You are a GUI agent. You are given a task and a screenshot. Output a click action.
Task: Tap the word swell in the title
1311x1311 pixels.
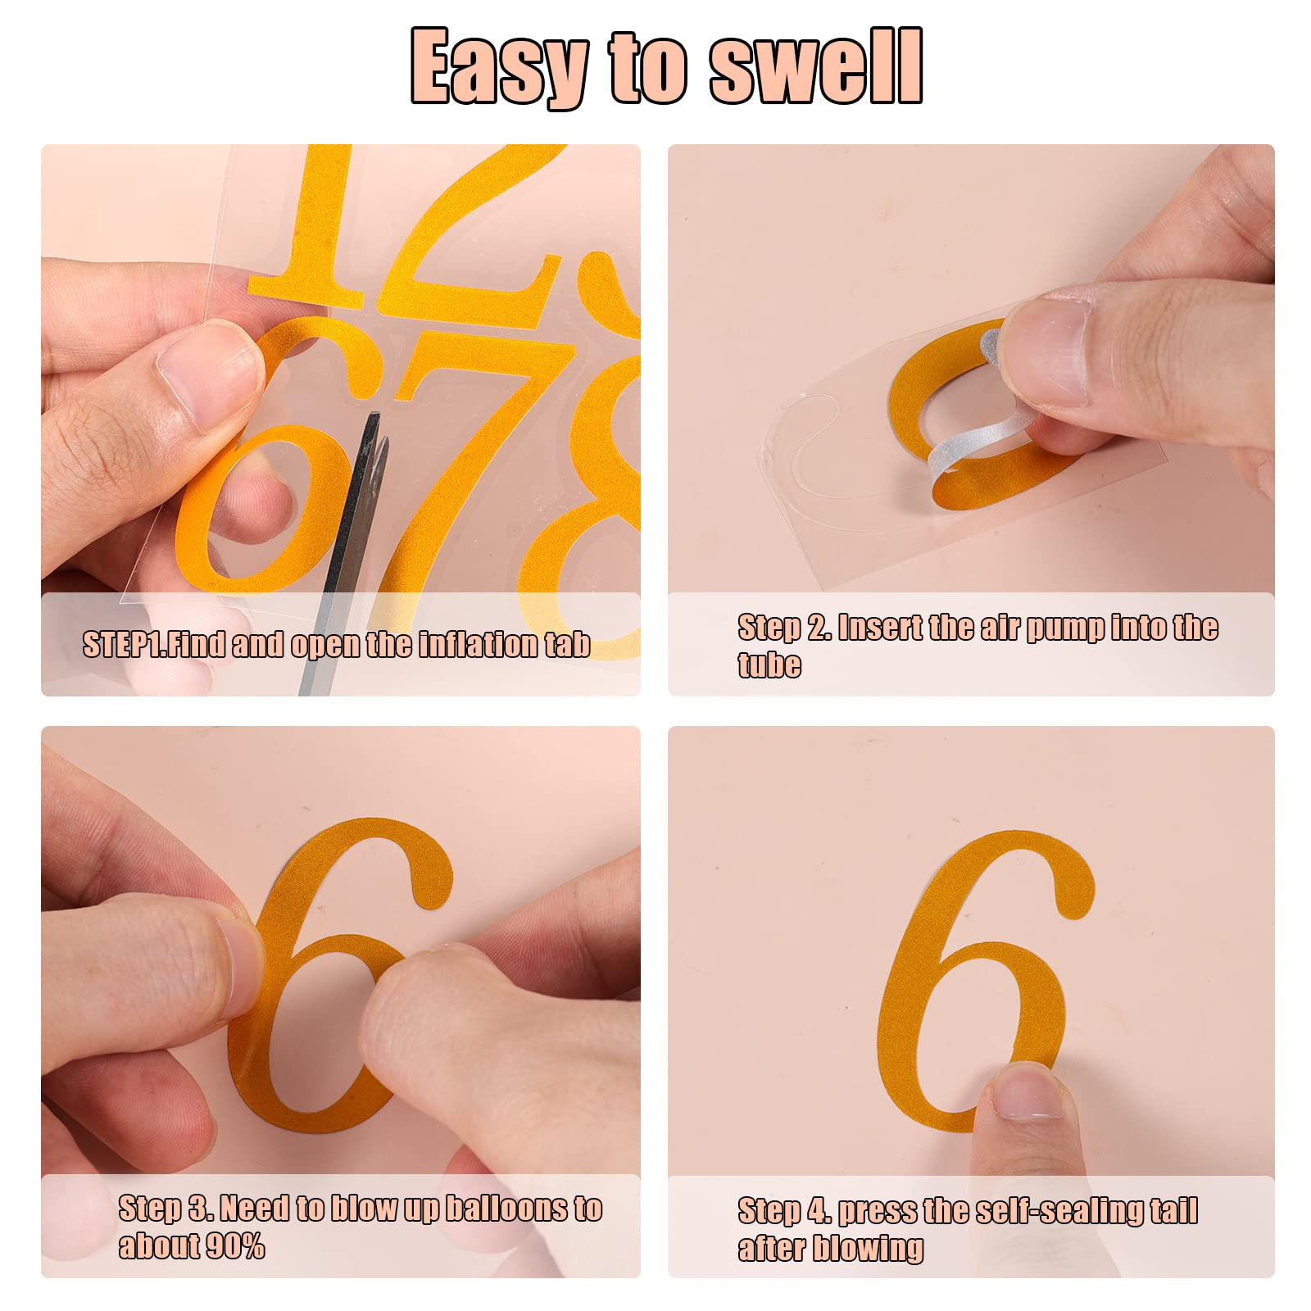click(816, 66)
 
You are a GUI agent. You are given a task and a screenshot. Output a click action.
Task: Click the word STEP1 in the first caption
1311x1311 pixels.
click(123, 645)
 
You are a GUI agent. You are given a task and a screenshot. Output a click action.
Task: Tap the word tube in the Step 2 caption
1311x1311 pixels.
click(769, 664)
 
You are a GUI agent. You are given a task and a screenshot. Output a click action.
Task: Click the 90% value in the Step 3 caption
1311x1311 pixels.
click(234, 1246)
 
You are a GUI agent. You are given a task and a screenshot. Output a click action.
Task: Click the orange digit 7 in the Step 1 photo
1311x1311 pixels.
click(459, 459)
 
